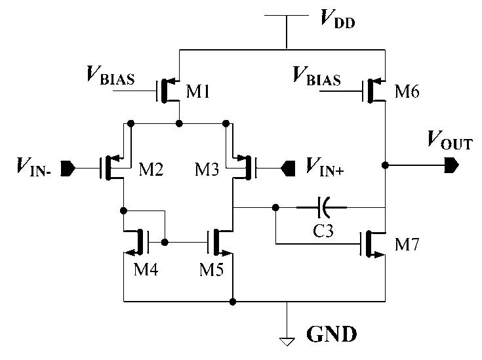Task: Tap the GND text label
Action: (x=332, y=334)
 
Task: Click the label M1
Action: (x=198, y=92)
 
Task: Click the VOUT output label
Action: (x=449, y=140)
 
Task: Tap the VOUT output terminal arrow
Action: (x=450, y=165)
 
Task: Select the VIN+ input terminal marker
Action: (x=287, y=169)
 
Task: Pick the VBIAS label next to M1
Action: (x=110, y=76)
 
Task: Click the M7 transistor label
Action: (x=409, y=245)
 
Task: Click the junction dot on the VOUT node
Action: (x=386, y=165)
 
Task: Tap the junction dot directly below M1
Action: (x=179, y=123)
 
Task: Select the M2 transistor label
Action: (x=151, y=171)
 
